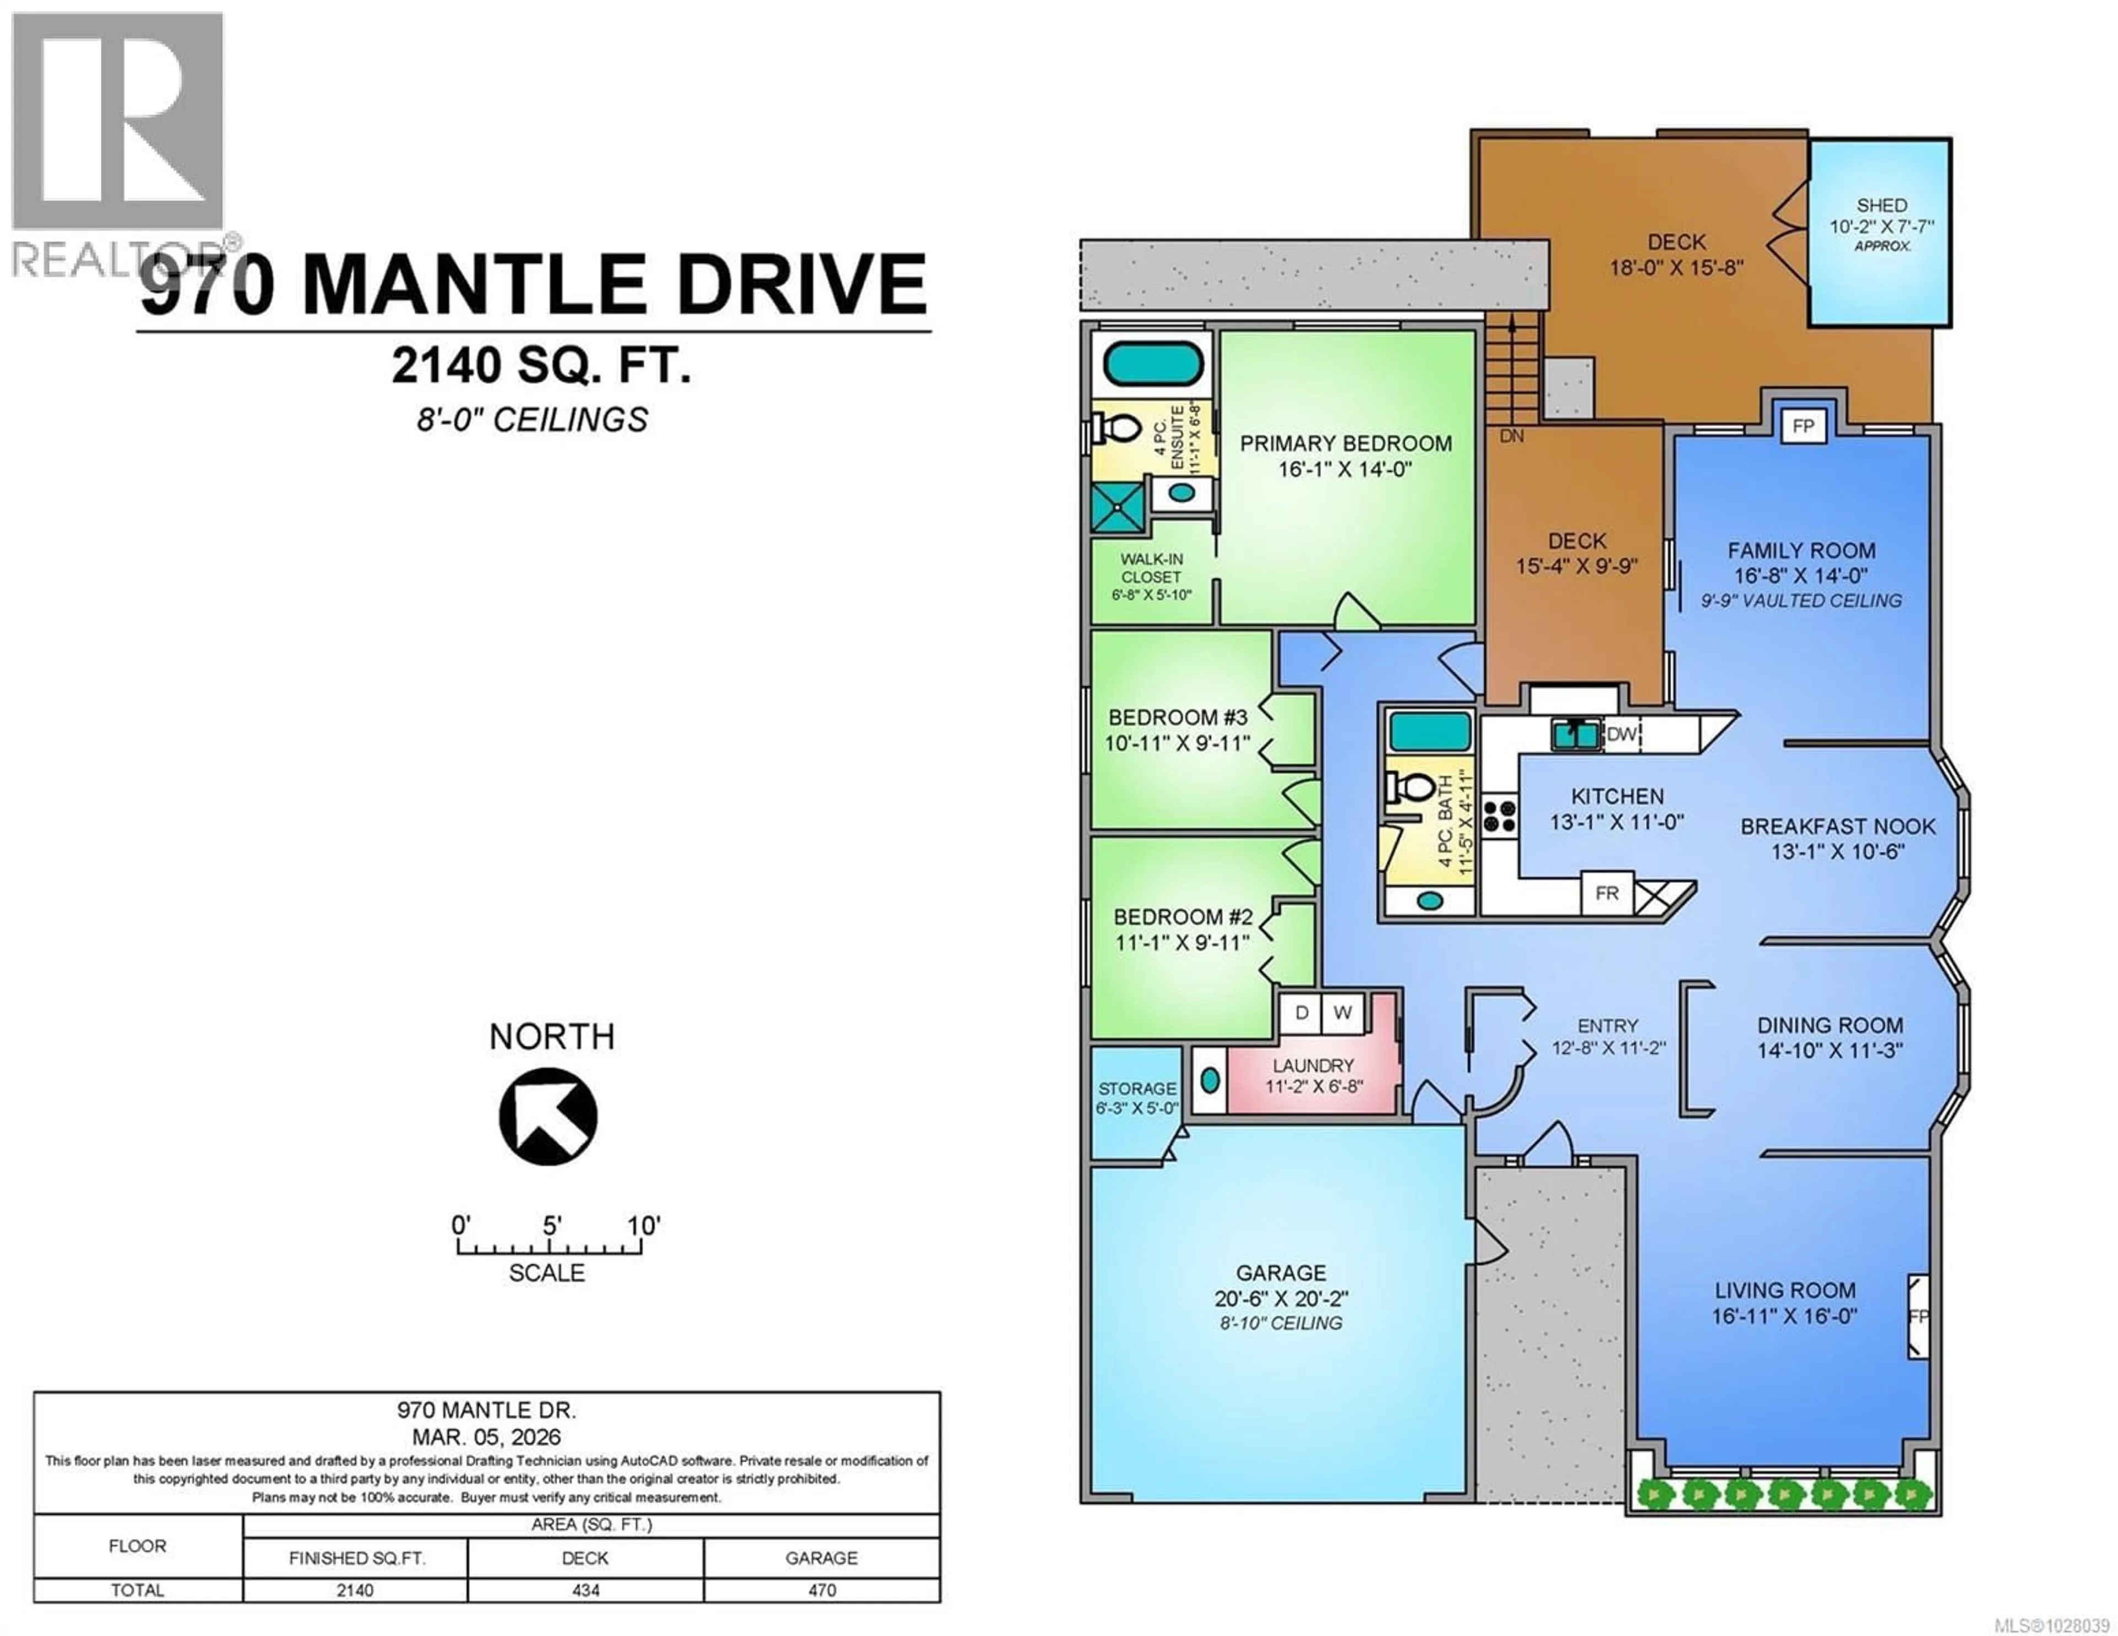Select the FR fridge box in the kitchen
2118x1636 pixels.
pyautogui.click(x=1607, y=893)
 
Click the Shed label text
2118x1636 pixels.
pyautogui.click(x=1881, y=206)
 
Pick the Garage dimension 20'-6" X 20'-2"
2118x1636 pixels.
pyautogui.click(x=1281, y=1299)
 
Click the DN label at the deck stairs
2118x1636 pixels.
pyautogui.click(x=1511, y=436)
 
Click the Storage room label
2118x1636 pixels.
pyautogui.click(x=1137, y=1089)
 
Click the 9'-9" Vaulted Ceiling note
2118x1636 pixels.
pyautogui.click(x=1801, y=601)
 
